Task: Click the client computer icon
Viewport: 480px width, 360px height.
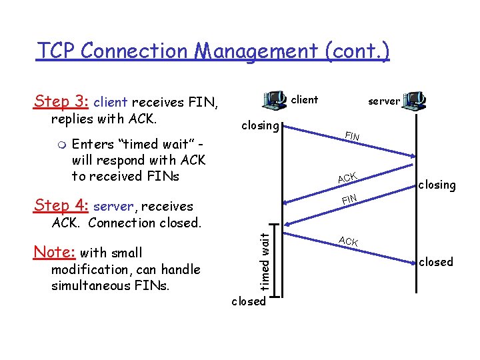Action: (x=274, y=100)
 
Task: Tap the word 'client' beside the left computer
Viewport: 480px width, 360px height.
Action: (x=305, y=100)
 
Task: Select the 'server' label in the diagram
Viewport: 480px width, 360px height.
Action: (x=384, y=101)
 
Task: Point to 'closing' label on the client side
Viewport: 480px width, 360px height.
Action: (x=259, y=125)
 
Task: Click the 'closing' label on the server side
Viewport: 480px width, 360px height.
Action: (x=437, y=185)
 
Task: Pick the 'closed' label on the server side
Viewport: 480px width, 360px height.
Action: (x=436, y=262)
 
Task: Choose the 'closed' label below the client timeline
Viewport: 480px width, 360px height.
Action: (x=248, y=301)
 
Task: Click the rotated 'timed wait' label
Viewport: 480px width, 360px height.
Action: (x=264, y=261)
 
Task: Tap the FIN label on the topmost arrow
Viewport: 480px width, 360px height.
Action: (x=352, y=137)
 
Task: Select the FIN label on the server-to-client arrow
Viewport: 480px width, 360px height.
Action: (x=350, y=199)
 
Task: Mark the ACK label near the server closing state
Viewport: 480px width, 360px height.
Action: (x=347, y=177)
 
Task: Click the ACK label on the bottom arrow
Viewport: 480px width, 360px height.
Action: (x=348, y=241)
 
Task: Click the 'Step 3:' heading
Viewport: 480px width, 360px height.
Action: (x=61, y=101)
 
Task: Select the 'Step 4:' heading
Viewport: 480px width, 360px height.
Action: (x=61, y=205)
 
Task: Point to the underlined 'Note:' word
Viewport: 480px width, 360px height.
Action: (x=54, y=252)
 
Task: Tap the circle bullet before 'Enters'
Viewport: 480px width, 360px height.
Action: (x=61, y=145)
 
